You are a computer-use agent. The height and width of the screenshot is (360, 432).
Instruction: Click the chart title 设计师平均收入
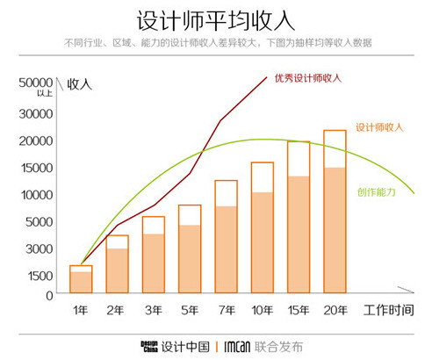pos(216,19)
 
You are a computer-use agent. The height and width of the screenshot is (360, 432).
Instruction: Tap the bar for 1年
pos(81,279)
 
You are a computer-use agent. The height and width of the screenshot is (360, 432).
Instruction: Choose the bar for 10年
pos(262,228)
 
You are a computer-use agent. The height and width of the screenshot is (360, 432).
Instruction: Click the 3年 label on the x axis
pos(153,310)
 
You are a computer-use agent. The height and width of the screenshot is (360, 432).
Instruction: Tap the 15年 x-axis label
pos(299,310)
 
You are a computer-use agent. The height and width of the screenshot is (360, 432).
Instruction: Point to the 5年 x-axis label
pos(189,310)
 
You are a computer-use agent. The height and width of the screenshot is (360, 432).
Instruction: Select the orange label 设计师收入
pos(379,127)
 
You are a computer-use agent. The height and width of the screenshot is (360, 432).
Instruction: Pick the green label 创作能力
pos(375,192)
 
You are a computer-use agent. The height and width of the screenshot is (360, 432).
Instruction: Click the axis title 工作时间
pos(386,310)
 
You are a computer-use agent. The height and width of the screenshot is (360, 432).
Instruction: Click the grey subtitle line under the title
pos(216,43)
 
